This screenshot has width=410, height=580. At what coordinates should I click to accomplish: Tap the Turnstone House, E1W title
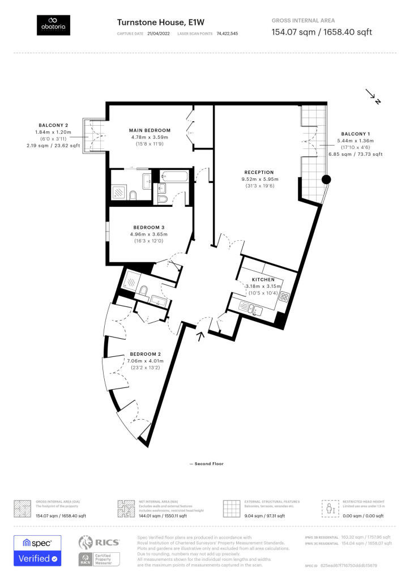click(152, 22)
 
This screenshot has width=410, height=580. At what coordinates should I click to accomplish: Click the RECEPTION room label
click(259, 172)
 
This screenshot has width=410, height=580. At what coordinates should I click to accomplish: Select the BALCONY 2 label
click(54, 125)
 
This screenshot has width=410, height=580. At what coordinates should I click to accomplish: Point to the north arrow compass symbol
click(373, 97)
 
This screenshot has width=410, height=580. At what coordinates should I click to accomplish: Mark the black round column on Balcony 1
click(326, 180)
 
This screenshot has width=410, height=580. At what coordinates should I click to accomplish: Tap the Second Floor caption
click(207, 464)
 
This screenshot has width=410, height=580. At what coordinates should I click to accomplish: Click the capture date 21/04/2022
click(159, 34)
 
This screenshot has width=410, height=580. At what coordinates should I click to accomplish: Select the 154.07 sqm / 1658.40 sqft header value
click(322, 32)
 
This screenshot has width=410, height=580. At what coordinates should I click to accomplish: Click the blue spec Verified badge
click(37, 551)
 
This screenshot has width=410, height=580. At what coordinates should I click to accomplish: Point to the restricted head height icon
click(329, 508)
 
